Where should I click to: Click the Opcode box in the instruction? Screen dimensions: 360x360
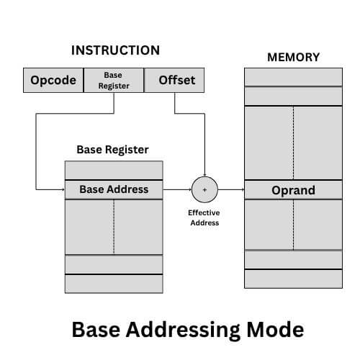click(53, 81)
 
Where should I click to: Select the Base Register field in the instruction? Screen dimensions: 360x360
click(114, 81)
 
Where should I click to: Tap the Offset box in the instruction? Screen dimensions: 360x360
click(176, 81)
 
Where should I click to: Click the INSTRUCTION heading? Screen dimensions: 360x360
click(114, 51)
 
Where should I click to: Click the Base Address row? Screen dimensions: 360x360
click(114, 189)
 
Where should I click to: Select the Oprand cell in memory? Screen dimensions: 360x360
click(293, 190)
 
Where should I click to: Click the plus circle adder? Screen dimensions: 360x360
click(204, 189)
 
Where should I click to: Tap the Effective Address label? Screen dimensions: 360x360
click(204, 218)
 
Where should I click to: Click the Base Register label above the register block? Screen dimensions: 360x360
click(112, 150)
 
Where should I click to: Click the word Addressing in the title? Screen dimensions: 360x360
click(187, 329)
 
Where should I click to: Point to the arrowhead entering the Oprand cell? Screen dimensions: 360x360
click(242, 190)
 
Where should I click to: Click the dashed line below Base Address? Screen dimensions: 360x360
click(114, 227)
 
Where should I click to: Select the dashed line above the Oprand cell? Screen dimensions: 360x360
click(293, 143)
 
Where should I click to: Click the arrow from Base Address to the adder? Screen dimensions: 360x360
click(177, 189)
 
